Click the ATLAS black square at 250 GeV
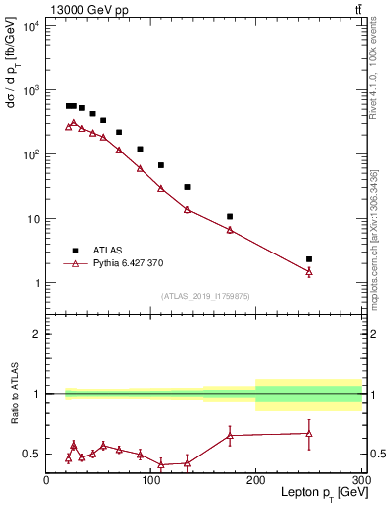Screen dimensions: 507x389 point(309,259)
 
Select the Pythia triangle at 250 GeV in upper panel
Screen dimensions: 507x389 point(309,271)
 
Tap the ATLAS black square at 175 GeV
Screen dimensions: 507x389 point(230,216)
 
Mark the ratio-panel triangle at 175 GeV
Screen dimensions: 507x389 point(230,435)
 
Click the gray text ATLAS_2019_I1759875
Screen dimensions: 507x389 point(204,296)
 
